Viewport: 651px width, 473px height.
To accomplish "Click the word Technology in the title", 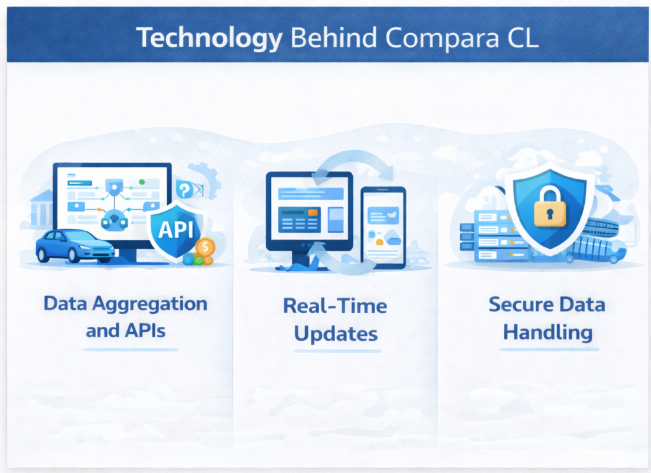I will (x=209, y=38).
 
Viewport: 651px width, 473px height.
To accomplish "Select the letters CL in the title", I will (x=517, y=38).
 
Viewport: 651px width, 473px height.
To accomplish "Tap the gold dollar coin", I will (x=205, y=246).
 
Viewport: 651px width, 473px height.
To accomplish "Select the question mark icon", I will (x=184, y=189).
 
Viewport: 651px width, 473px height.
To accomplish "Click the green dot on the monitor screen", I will (x=142, y=182).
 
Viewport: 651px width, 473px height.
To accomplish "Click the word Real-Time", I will (x=335, y=306).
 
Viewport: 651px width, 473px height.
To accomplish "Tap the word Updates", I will (x=335, y=334).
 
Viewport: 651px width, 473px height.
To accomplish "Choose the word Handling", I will (x=547, y=332).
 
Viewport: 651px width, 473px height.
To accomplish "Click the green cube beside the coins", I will (x=198, y=260).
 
